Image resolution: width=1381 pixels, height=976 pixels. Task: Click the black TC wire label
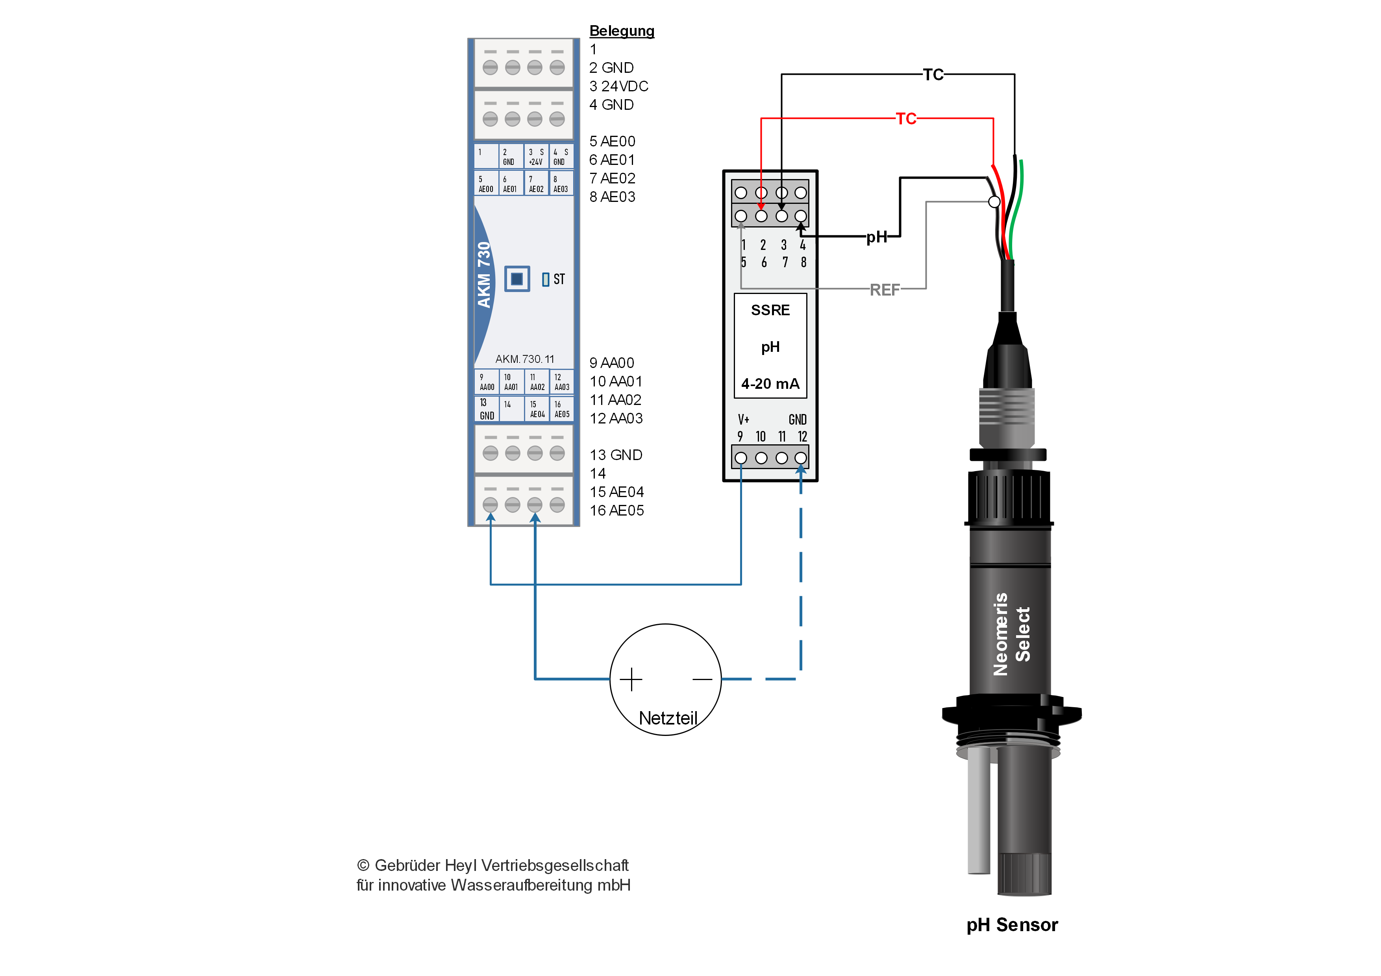[933, 74]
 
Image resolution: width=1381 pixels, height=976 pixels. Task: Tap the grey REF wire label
[885, 290]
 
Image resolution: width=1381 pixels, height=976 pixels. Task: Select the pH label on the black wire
[876, 237]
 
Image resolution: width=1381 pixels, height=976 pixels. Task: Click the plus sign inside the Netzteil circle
[631, 680]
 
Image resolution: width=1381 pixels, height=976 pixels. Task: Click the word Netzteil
[668, 718]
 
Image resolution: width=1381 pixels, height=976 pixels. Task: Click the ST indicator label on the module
[559, 279]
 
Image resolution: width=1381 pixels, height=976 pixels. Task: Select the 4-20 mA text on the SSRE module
[770, 384]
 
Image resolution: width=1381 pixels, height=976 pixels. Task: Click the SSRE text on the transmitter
[770, 310]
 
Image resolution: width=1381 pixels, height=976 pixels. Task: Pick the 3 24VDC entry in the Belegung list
[618, 86]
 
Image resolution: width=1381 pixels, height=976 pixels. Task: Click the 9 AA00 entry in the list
[612, 362]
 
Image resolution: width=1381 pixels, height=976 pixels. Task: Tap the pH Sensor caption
[1012, 924]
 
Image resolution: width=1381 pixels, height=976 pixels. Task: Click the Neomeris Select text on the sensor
[1012, 634]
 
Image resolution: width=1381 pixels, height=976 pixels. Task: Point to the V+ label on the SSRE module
[743, 419]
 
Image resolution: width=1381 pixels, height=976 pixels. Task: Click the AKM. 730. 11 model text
[524, 359]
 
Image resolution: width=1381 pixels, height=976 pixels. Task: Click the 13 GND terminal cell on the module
[486, 409]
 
